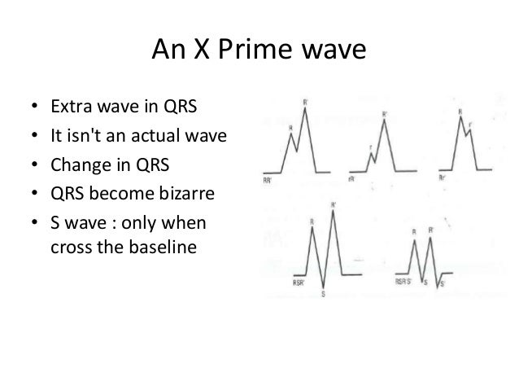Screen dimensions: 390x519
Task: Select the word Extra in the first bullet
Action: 70,106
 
